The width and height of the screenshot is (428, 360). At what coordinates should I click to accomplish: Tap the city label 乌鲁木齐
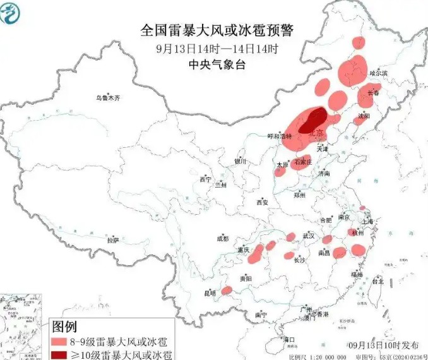(x=107, y=99)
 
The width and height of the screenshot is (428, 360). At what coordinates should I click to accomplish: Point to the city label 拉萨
(x=113, y=240)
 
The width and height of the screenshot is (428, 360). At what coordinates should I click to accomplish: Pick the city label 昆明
(x=210, y=293)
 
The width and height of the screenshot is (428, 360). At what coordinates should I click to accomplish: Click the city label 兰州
(x=220, y=185)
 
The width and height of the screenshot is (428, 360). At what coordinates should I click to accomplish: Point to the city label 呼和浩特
(x=280, y=136)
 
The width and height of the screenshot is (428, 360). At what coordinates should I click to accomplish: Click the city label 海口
(x=289, y=340)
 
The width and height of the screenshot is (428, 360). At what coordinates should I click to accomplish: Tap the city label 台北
(x=377, y=282)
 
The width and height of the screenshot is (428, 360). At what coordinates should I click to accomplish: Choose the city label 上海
(x=367, y=221)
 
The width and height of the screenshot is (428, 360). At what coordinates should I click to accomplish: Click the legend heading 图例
(x=64, y=327)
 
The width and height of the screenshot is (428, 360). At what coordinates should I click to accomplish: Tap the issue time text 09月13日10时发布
(x=383, y=345)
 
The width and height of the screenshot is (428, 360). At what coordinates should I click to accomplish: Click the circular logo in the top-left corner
(x=12, y=13)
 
